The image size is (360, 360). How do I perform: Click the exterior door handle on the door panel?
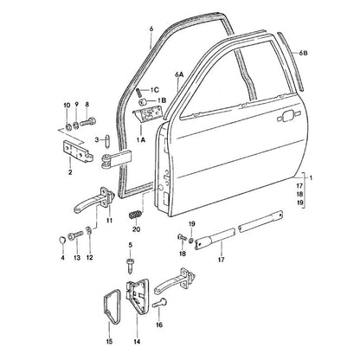tap(286, 117)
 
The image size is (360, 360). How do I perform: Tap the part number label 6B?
tap(303, 54)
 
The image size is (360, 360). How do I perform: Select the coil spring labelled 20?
tap(135, 215)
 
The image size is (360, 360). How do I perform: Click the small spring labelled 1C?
tap(139, 93)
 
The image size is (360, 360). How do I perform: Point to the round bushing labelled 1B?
tap(143, 101)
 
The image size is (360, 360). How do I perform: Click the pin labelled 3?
tap(107, 140)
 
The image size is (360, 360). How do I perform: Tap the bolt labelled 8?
tap(87, 122)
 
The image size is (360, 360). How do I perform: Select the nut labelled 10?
tap(68, 126)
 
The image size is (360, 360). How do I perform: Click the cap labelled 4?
tap(62, 240)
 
